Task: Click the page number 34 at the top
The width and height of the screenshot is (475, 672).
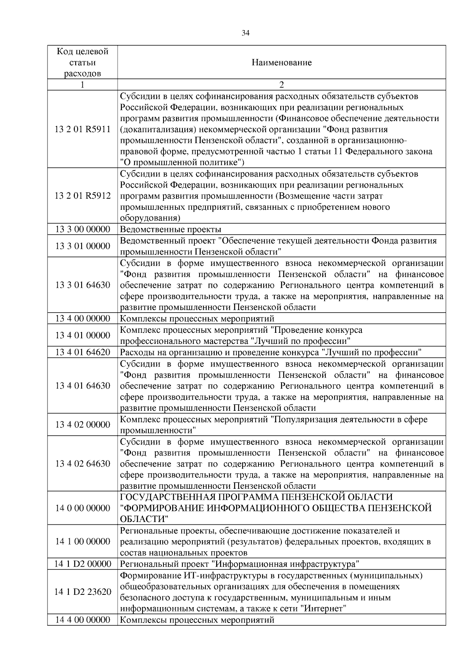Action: (245, 33)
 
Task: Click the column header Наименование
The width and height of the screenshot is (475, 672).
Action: (281, 63)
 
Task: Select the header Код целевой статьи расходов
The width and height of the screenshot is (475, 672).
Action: (82, 63)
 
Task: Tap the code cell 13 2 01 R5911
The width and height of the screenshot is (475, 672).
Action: (82, 129)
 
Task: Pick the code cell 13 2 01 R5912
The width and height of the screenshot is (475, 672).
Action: (82, 196)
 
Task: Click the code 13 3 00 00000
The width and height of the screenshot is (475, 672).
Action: (82, 230)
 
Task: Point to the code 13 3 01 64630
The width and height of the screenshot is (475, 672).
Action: (82, 285)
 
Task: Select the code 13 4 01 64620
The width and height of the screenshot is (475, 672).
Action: (82, 352)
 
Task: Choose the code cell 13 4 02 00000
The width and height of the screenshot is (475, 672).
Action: (82, 425)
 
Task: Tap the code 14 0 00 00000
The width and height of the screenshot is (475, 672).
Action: (82, 508)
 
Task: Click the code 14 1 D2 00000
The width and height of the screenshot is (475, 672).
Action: (82, 564)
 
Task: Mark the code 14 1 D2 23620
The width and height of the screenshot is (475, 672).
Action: (82, 592)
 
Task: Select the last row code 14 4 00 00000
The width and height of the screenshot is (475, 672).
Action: (82, 620)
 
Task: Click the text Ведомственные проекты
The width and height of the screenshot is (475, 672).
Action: (170, 230)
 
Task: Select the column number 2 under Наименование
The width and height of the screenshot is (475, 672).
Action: (281, 85)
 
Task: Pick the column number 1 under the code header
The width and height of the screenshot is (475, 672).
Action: (82, 85)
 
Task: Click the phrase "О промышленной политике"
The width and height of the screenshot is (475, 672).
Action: (182, 162)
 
